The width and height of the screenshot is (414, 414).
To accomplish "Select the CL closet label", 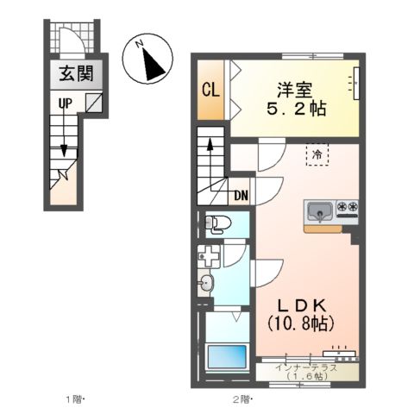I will coord(210,90).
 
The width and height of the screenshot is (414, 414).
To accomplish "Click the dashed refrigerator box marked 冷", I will coord(317,156).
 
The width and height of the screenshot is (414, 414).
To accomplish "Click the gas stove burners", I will coord(349,208).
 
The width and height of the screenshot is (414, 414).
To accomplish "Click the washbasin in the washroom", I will coord(207,282).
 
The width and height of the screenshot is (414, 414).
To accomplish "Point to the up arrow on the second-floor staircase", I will coord(210,156).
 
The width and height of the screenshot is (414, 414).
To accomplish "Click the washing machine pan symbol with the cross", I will coord(208,256).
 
